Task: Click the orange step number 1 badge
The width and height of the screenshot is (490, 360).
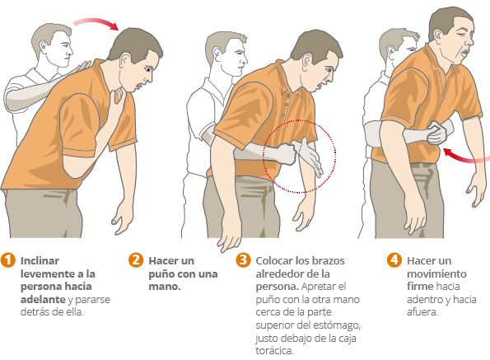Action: pyautogui.click(x=8, y=260)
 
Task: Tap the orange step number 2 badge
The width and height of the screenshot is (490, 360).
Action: pyautogui.click(x=136, y=260)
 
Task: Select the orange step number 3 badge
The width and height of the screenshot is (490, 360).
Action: pyautogui.click(x=243, y=260)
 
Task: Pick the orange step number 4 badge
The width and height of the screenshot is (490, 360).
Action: pyautogui.click(x=394, y=260)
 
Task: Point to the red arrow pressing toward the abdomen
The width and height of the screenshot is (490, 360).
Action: pyautogui.click(x=465, y=157)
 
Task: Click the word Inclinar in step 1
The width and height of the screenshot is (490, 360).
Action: pyautogui.click(x=40, y=260)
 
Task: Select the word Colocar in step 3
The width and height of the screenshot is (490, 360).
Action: pyautogui.click(x=274, y=260)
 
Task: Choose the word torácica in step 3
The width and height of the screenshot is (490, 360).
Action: pyautogui.click(x=274, y=351)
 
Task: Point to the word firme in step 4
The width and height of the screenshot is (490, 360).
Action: pyautogui.click(x=420, y=286)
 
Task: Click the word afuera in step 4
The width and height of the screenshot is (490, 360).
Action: pyautogui.click(x=422, y=312)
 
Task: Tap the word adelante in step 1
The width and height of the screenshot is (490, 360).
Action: pyautogui.click(x=43, y=299)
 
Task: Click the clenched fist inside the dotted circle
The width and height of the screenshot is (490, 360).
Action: pyautogui.click(x=286, y=154)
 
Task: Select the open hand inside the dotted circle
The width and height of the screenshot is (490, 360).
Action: pyautogui.click(x=310, y=157)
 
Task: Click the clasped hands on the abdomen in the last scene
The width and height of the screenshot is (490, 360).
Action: pyautogui.click(x=436, y=133)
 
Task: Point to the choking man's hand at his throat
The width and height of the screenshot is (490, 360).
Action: pyautogui.click(x=119, y=95)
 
